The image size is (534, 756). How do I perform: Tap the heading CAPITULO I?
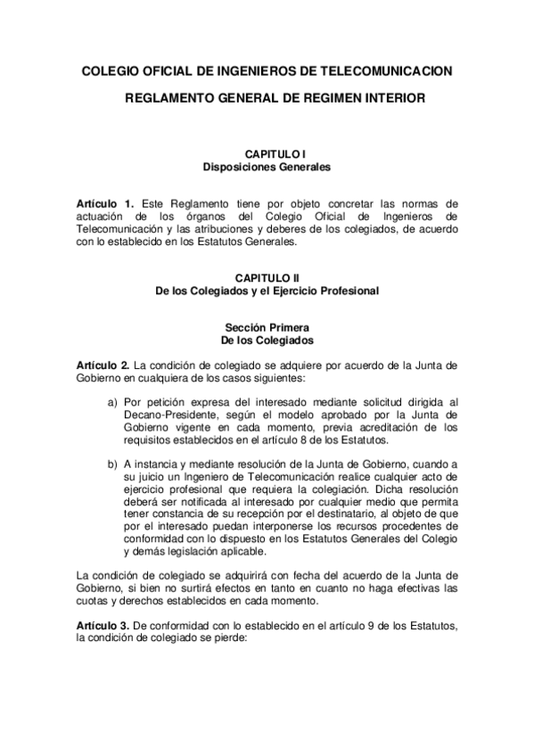point(267,154)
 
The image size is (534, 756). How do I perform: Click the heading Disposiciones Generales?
point(267,167)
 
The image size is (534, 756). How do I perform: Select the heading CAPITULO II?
point(267,278)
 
